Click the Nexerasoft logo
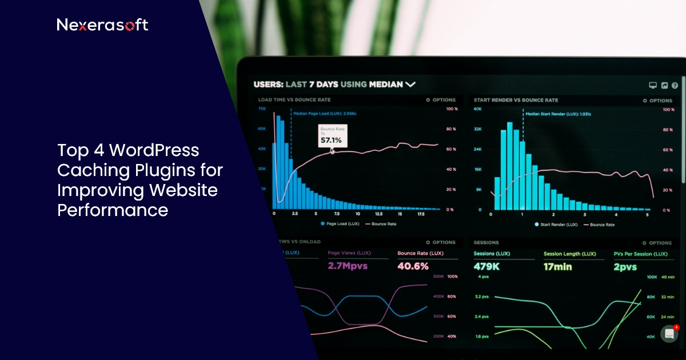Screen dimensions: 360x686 click(x=102, y=25)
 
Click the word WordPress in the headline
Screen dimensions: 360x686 click(x=154, y=151)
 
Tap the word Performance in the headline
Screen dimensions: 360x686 click(x=113, y=210)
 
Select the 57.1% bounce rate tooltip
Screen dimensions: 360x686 click(x=332, y=136)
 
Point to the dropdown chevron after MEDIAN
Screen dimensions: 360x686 click(x=410, y=85)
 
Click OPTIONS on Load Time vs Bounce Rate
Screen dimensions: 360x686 click(x=441, y=100)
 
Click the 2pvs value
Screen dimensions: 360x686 click(x=625, y=267)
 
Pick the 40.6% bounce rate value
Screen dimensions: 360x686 click(x=413, y=266)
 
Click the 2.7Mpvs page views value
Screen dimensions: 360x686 click(x=348, y=266)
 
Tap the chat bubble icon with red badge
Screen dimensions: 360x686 click(x=669, y=334)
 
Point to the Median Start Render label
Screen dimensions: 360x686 click(x=558, y=114)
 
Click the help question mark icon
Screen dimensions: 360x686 click(x=675, y=85)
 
